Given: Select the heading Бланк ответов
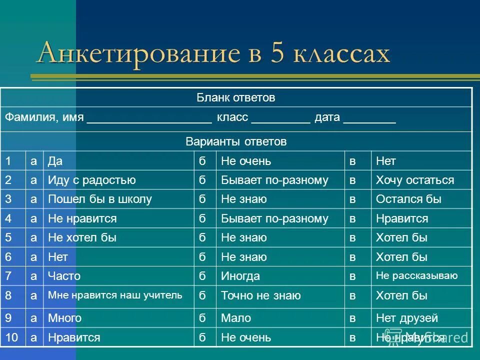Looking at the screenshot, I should click(x=235, y=98).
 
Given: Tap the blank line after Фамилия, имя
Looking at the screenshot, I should click(x=149, y=120).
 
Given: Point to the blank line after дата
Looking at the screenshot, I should click(x=370, y=120).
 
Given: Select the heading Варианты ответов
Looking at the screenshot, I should click(x=235, y=142).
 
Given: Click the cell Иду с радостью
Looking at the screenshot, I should click(x=91, y=180).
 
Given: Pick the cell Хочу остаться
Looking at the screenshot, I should click(x=415, y=180).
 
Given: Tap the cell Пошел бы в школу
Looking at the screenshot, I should click(x=99, y=199).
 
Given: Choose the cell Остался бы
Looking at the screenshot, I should click(x=408, y=199).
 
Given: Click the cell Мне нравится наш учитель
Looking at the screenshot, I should click(x=115, y=295).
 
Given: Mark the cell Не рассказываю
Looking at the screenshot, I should click(x=416, y=275).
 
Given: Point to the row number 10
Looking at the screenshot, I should click(x=12, y=338).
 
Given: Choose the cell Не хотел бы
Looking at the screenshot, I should click(x=82, y=238).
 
